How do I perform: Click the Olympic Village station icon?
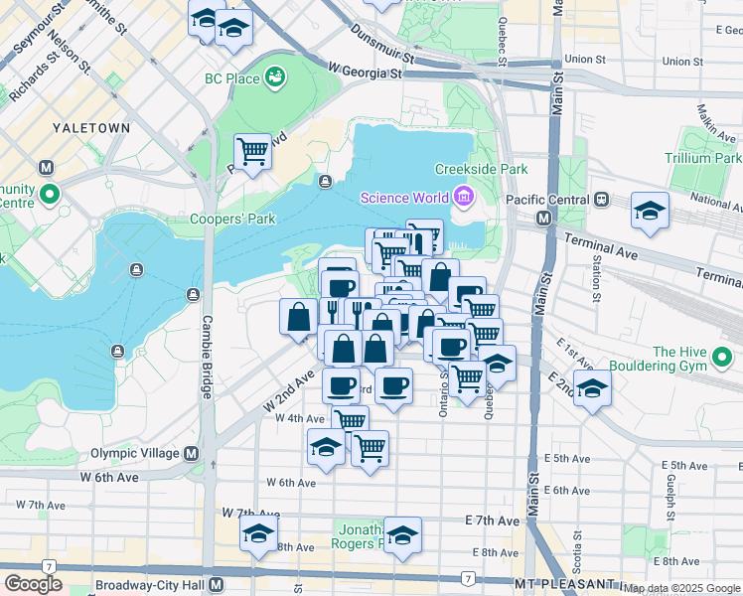click(x=192, y=453)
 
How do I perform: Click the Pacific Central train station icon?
click(x=601, y=199)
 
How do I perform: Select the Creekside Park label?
click(x=486, y=170)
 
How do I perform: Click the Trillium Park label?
click(x=705, y=158)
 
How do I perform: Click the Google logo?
click(x=35, y=584)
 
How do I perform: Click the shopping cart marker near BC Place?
click(x=252, y=152)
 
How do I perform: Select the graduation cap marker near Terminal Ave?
click(x=650, y=211)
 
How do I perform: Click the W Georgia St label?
click(x=365, y=73)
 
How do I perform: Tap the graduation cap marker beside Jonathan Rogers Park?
click(x=402, y=535)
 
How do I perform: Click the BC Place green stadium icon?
click(x=274, y=76)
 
